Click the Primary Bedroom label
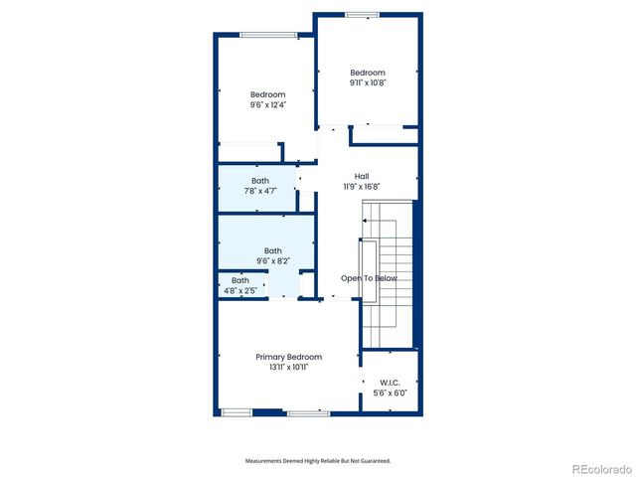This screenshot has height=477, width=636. tap(288, 357)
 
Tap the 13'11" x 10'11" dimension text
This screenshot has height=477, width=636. tap(288, 367)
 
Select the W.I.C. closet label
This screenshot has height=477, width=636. tap(389, 383)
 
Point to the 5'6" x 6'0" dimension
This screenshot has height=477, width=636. tap(389, 393)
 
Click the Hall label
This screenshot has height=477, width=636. tap(362, 176)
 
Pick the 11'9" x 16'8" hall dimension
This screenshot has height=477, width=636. tap(362, 186)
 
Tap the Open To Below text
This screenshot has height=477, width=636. tap(369, 278)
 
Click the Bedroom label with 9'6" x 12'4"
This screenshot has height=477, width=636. tap(267, 94)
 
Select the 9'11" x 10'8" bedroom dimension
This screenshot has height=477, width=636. tap(367, 82)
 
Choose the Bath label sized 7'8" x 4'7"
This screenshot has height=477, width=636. tap(259, 180)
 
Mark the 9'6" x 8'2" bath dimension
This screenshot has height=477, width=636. tap(272, 261)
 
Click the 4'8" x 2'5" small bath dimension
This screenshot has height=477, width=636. tap(240, 290)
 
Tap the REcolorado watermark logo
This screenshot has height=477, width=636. tap(599, 468)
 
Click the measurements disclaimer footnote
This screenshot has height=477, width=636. tap(318, 461)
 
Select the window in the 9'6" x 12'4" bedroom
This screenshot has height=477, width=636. tap(268, 36)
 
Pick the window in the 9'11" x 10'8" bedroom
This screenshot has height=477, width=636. tap(362, 15)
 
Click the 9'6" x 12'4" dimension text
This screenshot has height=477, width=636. tap(267, 104)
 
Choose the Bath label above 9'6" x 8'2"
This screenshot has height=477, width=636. tap(272, 251)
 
